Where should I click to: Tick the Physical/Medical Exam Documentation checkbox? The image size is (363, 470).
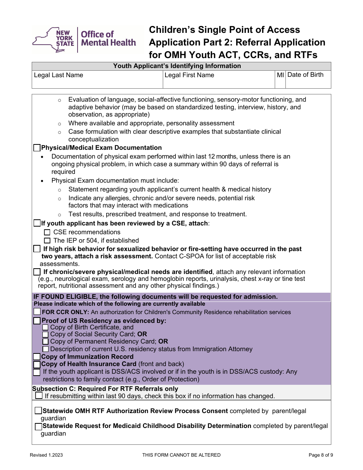click(x=37, y=147)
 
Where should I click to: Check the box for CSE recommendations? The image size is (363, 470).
click(x=47, y=232)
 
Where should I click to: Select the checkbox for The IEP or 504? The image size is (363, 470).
click(x=47, y=240)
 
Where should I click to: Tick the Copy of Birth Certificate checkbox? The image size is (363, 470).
click(x=45, y=327)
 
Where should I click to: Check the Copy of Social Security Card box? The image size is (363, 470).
click(x=45, y=334)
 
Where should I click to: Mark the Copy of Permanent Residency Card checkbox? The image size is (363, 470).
click(x=45, y=342)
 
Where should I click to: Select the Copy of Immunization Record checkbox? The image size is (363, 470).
click(x=37, y=357)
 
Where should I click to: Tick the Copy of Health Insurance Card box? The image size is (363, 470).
click(x=37, y=364)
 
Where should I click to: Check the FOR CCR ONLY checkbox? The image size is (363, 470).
click(x=37, y=312)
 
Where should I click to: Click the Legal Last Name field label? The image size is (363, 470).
click(x=58, y=75)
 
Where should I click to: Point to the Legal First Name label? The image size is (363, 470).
click(x=189, y=75)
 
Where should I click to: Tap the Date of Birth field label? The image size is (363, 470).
click(x=305, y=75)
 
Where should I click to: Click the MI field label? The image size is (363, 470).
click(x=280, y=75)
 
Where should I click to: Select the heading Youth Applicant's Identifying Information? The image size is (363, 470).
click(x=177, y=66)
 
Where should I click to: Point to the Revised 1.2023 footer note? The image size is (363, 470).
click(x=47, y=455)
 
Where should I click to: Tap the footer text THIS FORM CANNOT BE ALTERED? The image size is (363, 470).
click(x=181, y=455)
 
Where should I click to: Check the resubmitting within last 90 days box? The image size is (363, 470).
click(x=39, y=395)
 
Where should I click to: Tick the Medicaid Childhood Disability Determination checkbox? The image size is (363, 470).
click(x=38, y=426)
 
